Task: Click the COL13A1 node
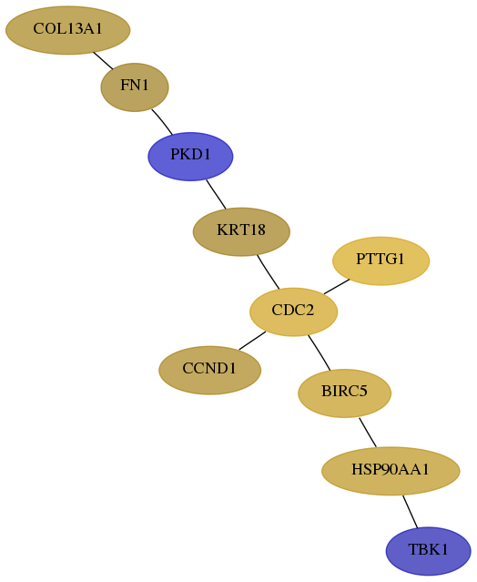68,30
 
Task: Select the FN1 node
135,87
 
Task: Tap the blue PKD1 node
190,157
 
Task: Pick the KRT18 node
241,232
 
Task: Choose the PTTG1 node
381,260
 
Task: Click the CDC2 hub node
293,311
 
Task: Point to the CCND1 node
210,371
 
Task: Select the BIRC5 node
345,393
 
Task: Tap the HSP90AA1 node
391,471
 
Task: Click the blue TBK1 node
429,551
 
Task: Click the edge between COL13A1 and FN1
103,60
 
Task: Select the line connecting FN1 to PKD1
162,121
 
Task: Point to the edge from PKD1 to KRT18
216,194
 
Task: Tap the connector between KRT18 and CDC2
268,272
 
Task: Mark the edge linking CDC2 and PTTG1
337,286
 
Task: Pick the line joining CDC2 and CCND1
252,341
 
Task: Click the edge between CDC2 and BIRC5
320,352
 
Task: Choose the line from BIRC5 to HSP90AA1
368,433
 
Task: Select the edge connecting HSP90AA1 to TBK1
411,512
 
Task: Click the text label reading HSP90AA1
391,470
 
